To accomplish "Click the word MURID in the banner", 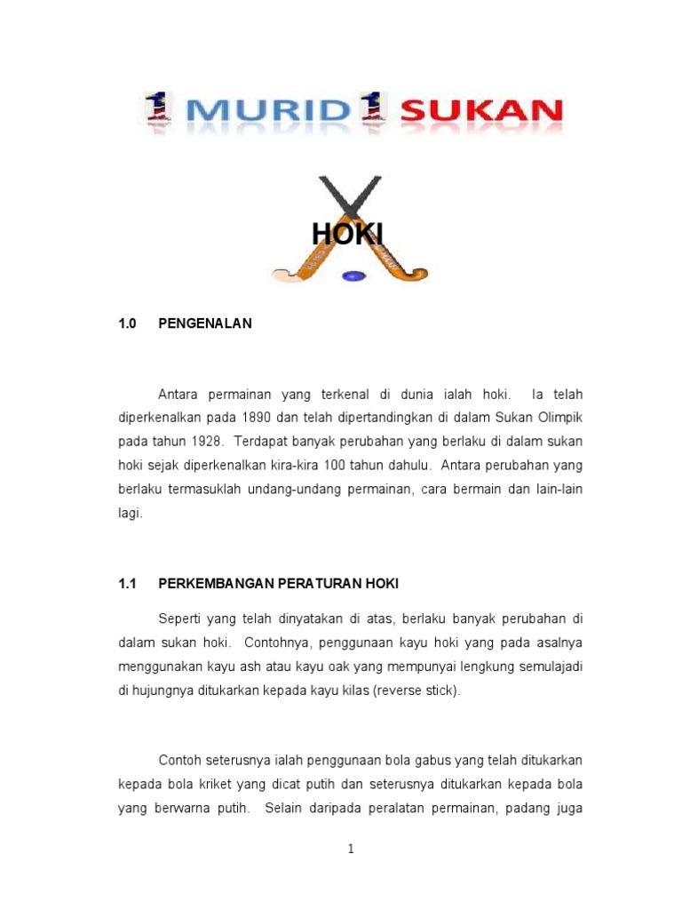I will point(267,111).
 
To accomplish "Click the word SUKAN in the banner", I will point(481,111).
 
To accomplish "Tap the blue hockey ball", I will point(353,275).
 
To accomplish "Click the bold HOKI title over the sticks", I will point(347,234).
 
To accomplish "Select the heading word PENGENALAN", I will point(205,323).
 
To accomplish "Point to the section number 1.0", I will point(127,323).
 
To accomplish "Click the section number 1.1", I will point(127,584).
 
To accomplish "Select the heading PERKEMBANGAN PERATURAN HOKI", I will point(278,584).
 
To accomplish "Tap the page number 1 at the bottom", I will point(351,849).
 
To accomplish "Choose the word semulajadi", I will point(546,666).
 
